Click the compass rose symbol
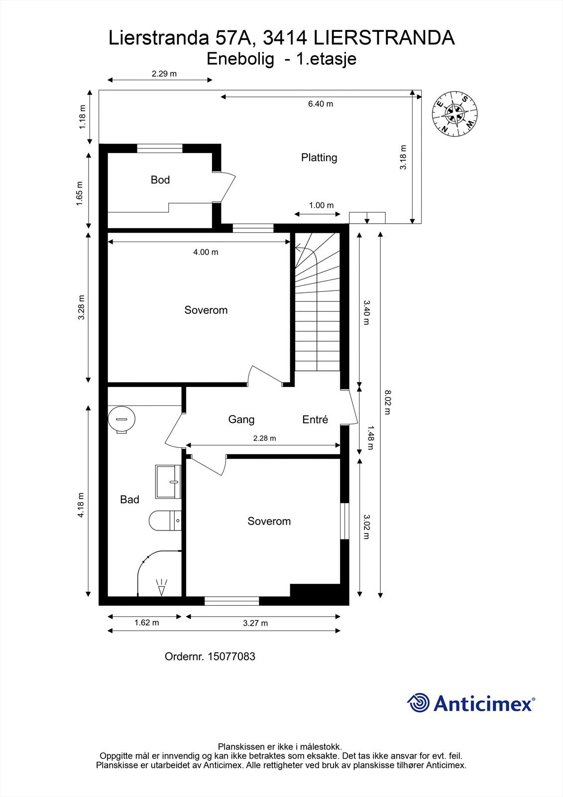point(454,114)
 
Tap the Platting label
point(319,157)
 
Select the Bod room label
point(160,180)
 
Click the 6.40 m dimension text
point(320,104)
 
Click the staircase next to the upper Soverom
point(318,304)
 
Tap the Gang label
point(241,419)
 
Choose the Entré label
point(315,419)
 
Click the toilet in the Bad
point(164,521)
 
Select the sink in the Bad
point(168,482)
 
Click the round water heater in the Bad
point(121,419)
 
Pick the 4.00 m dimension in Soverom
point(206,252)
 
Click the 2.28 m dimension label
point(264,438)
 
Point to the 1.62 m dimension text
point(147,623)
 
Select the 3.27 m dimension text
point(255,623)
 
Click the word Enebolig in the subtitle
point(240,59)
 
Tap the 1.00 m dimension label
point(321,205)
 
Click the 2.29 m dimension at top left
point(164,74)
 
